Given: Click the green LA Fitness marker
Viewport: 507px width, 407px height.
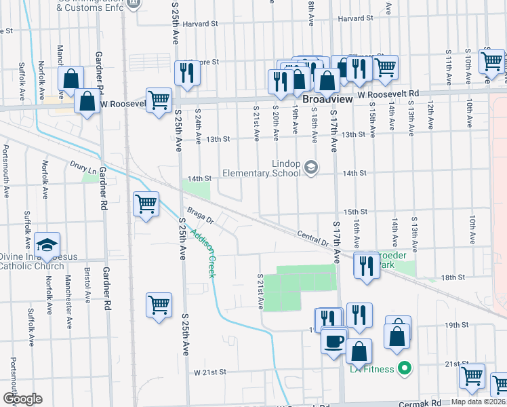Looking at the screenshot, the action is coord(405,369).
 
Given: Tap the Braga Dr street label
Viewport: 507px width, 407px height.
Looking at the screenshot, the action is coord(201,215).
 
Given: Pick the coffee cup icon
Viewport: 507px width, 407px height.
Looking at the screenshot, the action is coord(333,342).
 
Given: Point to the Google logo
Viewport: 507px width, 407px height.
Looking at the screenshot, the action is coord(22,399).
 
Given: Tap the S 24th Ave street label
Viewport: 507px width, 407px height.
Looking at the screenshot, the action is coord(199,126).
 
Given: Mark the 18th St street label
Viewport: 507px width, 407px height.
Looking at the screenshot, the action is coord(453,277).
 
